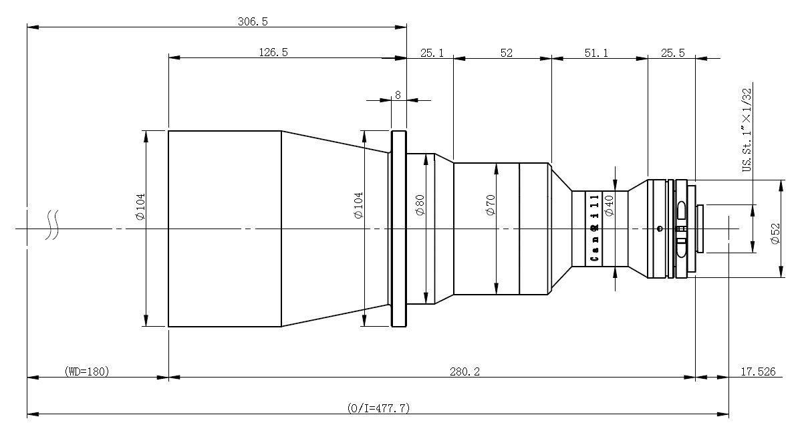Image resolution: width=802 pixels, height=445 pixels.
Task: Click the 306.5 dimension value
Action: pos(253,21)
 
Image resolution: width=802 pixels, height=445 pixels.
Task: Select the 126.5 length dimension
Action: pos(273,53)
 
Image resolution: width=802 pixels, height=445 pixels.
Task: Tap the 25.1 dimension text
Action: pos(432,53)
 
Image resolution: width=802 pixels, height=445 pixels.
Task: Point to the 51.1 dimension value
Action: pos(596,53)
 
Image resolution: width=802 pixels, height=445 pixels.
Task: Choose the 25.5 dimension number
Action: pos(673,53)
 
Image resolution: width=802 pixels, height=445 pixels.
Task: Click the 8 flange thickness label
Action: pos(398,95)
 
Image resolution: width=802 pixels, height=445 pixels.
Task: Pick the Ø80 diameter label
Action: pos(420,205)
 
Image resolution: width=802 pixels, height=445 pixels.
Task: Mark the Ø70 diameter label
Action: pos(491,205)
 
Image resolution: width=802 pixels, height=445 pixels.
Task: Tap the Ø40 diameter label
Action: pos(609,206)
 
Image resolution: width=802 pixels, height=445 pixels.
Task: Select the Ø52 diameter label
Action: pos(775,234)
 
